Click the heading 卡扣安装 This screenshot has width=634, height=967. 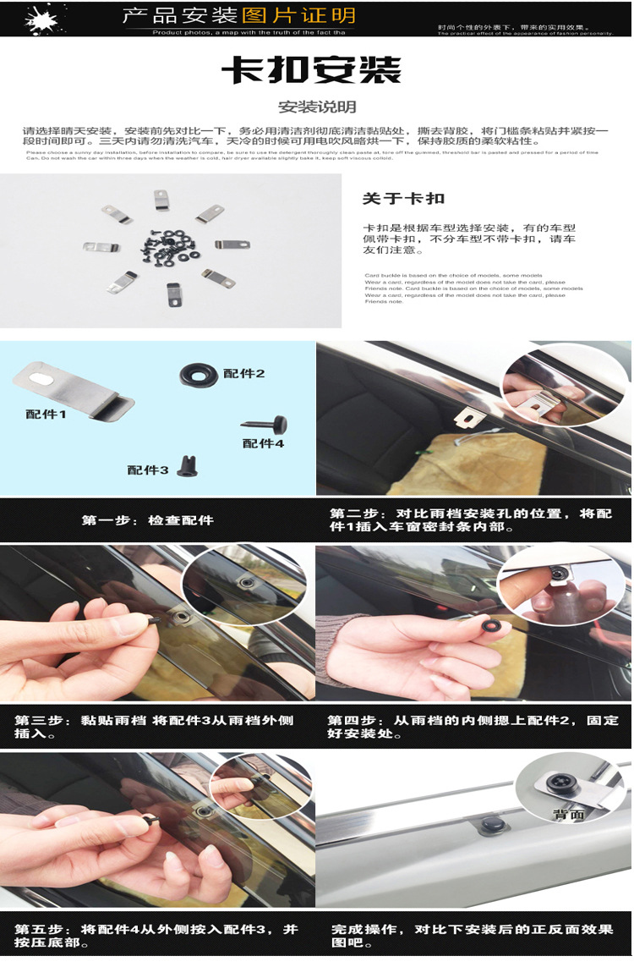click(x=311, y=70)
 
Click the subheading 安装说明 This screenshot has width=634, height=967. click(x=317, y=107)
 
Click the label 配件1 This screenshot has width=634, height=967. click(x=46, y=415)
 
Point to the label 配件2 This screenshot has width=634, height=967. click(x=244, y=373)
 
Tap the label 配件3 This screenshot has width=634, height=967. click(x=149, y=470)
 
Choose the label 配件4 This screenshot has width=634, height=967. click(x=264, y=442)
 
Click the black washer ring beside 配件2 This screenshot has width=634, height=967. click(x=198, y=374)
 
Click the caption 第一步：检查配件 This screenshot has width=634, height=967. click(x=148, y=520)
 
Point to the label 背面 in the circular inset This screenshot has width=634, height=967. click(x=570, y=815)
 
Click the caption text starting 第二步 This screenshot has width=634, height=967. click(x=471, y=520)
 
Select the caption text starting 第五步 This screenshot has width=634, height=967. click(x=157, y=936)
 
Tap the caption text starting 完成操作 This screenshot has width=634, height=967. click(x=472, y=936)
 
